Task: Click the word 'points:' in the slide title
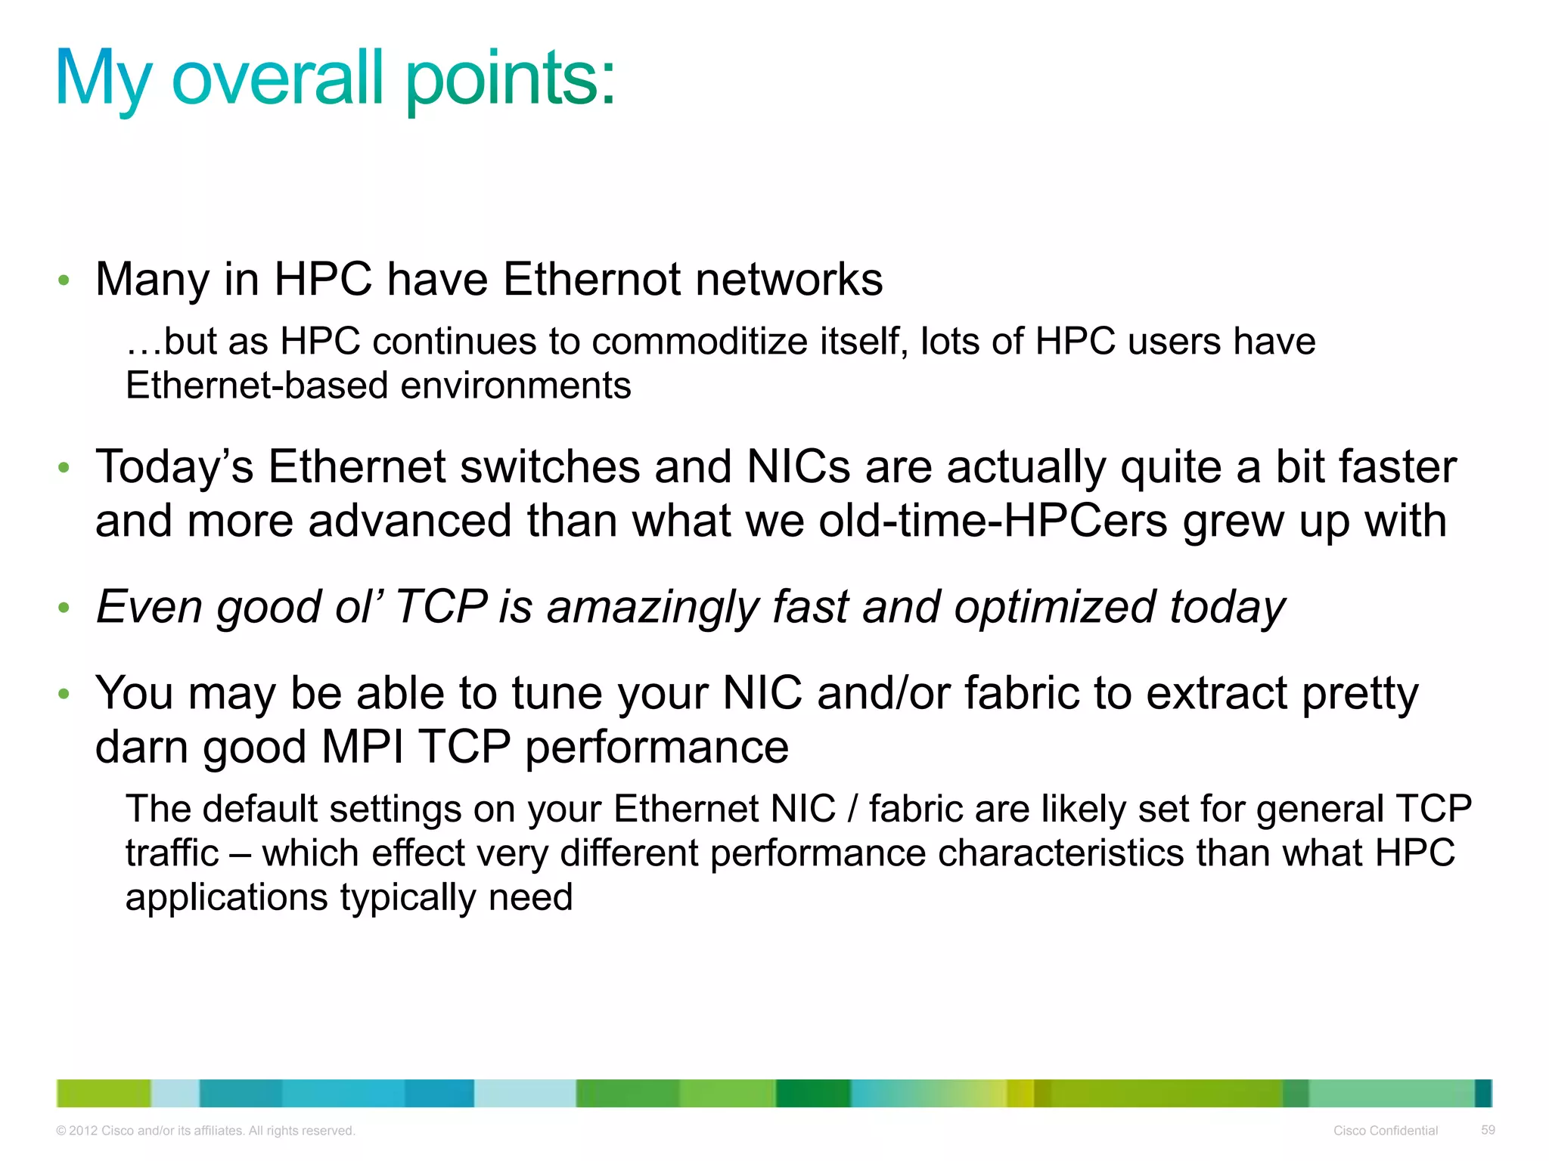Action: (511, 79)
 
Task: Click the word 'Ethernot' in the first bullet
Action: (591, 280)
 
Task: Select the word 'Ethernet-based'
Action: (256, 386)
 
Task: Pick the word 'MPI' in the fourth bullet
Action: (362, 748)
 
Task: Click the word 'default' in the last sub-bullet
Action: (259, 809)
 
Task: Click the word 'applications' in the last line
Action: (226, 898)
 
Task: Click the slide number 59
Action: (1488, 1130)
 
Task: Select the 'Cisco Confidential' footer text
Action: (1385, 1131)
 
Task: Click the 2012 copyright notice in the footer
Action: (206, 1131)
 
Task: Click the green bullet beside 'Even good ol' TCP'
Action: (64, 608)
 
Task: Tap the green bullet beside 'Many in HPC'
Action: (64, 281)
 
